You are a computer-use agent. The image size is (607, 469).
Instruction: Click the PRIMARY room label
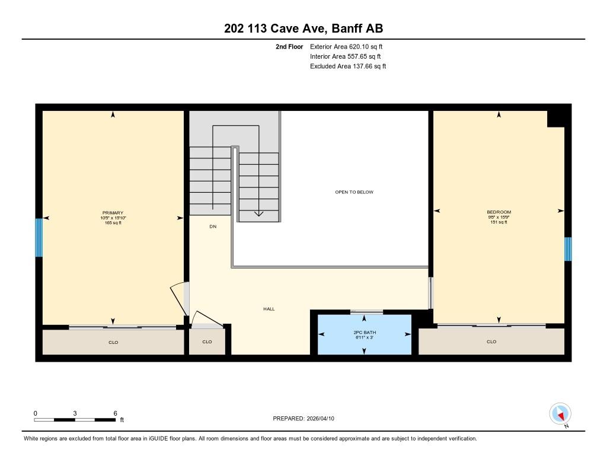pos(113,213)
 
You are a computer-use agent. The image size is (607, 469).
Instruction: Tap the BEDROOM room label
pos(499,212)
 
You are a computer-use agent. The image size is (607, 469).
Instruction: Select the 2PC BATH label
pos(365,332)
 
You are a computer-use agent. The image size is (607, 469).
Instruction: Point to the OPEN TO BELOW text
pos(354,192)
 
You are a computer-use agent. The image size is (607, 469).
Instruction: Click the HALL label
pos(269,309)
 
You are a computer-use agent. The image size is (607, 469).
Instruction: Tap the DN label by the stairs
pos(213,226)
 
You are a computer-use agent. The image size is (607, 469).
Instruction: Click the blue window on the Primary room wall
pos(39,237)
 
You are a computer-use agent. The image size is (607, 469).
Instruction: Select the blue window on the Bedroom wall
pos(567,249)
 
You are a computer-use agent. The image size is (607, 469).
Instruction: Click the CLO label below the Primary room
pos(113,342)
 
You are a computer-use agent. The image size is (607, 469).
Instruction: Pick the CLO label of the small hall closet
pos(207,342)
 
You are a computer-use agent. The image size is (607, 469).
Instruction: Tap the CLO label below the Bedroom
pos(491,342)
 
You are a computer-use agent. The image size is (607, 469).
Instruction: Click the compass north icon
pos(560,414)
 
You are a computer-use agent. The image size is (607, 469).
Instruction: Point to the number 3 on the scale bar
pos(75,413)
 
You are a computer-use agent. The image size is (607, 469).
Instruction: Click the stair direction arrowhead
pos(258,214)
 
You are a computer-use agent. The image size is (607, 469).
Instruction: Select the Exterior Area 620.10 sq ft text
pos(346,46)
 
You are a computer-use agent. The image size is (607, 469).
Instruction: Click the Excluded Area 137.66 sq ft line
pos(348,66)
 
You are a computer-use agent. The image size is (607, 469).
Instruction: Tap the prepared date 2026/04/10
pos(320,418)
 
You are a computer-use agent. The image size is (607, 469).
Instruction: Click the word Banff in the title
pos(347,28)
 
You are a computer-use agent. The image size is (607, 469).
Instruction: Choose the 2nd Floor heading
pos(289,46)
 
